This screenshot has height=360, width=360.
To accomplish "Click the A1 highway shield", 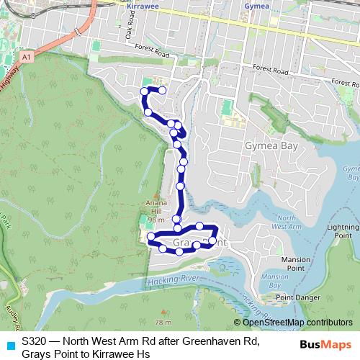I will pos(26,55).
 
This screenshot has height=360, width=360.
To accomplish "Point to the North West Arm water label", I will pos(287,222).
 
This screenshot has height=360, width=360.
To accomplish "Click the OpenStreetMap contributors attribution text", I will pos(297,323).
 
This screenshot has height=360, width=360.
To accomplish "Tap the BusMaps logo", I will pos(325,346).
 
